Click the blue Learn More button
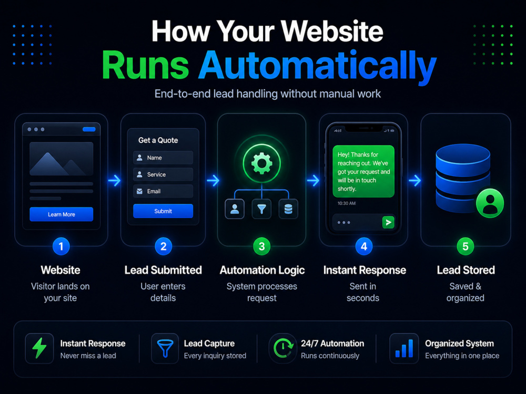(x=62, y=214)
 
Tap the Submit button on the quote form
(x=163, y=211)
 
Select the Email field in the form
(x=163, y=191)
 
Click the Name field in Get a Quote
(x=163, y=158)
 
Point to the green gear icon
(x=262, y=163)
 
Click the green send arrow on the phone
(x=388, y=222)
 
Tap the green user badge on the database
(x=490, y=203)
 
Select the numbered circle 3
(x=262, y=246)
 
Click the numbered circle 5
(x=466, y=246)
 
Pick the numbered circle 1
(x=61, y=246)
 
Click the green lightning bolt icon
(x=39, y=348)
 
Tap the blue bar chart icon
(x=404, y=348)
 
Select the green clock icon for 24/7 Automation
(x=283, y=348)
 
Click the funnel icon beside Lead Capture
(x=165, y=348)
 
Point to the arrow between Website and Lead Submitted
(x=114, y=181)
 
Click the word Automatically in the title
(x=317, y=66)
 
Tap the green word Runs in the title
(x=146, y=65)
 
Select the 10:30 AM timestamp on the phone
(x=347, y=203)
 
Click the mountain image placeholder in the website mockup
(x=62, y=159)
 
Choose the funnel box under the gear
(x=261, y=209)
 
